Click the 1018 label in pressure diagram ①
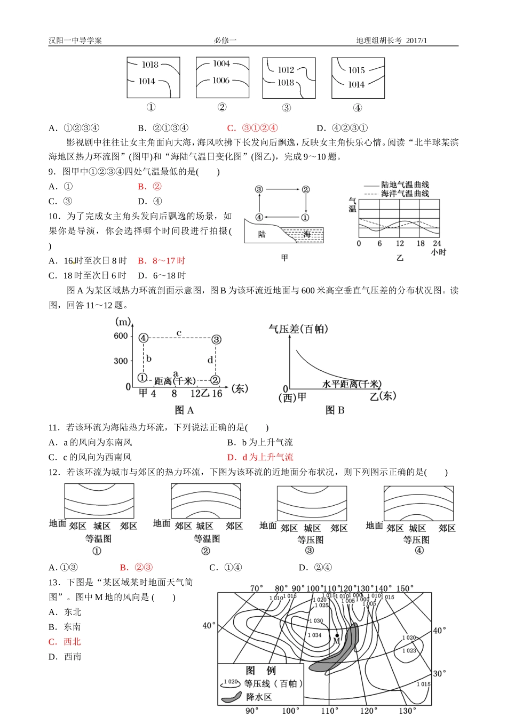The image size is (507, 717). point(150,65)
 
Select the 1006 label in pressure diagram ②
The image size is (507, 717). point(221,81)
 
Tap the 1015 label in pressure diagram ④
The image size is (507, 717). point(357,70)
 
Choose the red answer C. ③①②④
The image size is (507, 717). point(252,128)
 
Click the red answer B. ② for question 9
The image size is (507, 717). point(149,187)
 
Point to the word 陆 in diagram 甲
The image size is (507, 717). point(262,234)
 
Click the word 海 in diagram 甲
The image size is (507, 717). point(307,234)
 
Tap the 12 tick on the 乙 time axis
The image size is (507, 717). point(400,243)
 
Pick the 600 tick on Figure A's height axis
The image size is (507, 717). point(121,336)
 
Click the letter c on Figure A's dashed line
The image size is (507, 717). point(179,333)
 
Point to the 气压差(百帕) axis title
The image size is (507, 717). point(298,329)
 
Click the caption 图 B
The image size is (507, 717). point(335,410)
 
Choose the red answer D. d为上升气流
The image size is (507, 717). point(260,457)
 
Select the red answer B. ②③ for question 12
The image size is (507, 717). point(137,568)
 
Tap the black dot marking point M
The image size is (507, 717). point(337,635)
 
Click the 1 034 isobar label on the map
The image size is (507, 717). point(314,635)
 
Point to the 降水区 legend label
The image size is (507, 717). point(259,697)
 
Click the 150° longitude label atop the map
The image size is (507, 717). point(405,589)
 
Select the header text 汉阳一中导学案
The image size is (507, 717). point(75,41)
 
